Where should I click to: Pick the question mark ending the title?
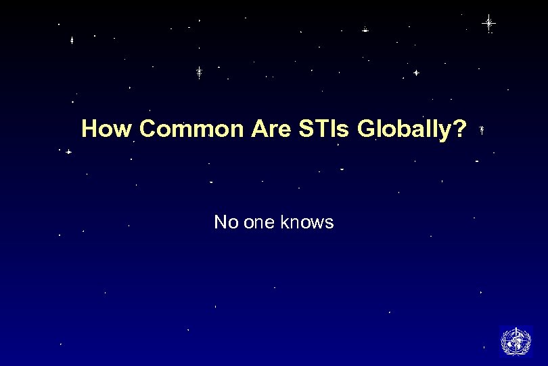[461, 129]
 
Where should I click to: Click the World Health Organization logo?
[516, 341]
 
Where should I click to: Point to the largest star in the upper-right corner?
[488, 23]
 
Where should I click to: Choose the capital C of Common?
[149, 129]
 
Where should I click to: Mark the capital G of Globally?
[365, 129]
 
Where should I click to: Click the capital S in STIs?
[304, 129]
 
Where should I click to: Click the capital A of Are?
[258, 129]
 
